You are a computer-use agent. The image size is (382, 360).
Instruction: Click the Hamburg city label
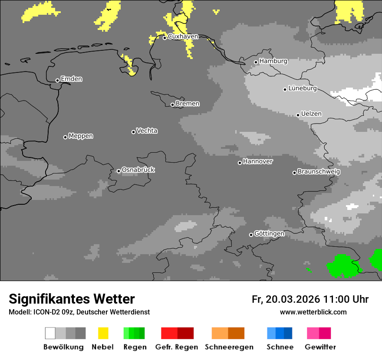(x=273, y=61)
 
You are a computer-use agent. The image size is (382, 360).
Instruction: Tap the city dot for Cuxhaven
(x=165, y=38)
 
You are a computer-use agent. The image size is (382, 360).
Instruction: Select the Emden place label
(x=71, y=79)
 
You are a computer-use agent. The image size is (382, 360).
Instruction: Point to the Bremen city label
(x=188, y=104)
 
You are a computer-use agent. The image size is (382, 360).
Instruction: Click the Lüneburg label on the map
(x=303, y=88)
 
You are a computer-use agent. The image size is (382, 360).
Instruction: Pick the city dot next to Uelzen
(x=298, y=115)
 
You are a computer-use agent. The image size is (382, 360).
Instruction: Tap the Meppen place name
(x=81, y=136)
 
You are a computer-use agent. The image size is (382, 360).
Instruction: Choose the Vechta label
(x=147, y=131)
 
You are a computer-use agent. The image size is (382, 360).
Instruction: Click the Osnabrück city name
(x=138, y=170)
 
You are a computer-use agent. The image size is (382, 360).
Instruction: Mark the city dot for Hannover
(x=240, y=163)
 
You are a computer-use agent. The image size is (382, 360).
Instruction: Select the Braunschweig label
(x=319, y=172)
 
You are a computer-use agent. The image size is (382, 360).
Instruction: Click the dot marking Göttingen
(x=251, y=235)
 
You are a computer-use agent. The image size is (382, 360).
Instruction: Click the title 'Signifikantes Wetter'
(x=72, y=299)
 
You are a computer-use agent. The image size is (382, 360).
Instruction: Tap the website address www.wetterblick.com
(x=313, y=312)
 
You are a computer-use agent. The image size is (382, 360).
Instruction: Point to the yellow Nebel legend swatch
(x=103, y=333)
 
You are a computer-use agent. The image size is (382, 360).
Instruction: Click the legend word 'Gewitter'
(x=320, y=347)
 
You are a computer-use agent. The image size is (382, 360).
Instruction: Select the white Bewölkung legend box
(x=50, y=333)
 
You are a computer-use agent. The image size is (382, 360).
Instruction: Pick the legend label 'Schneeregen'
(x=230, y=347)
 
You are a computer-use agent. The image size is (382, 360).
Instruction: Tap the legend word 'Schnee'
(x=280, y=347)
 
